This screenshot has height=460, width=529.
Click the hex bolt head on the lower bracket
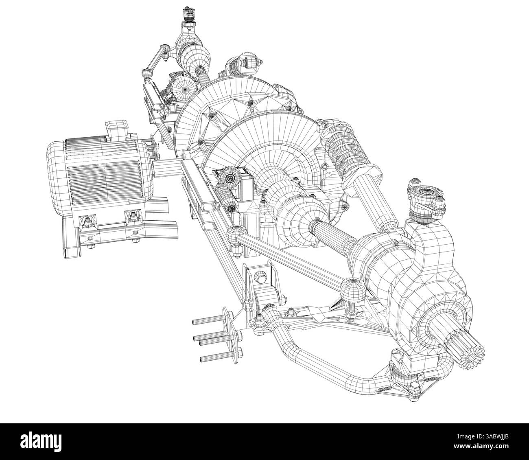[260, 278]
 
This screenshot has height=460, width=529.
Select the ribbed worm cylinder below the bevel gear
[226, 199]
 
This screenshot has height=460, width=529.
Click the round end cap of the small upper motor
[185, 85]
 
